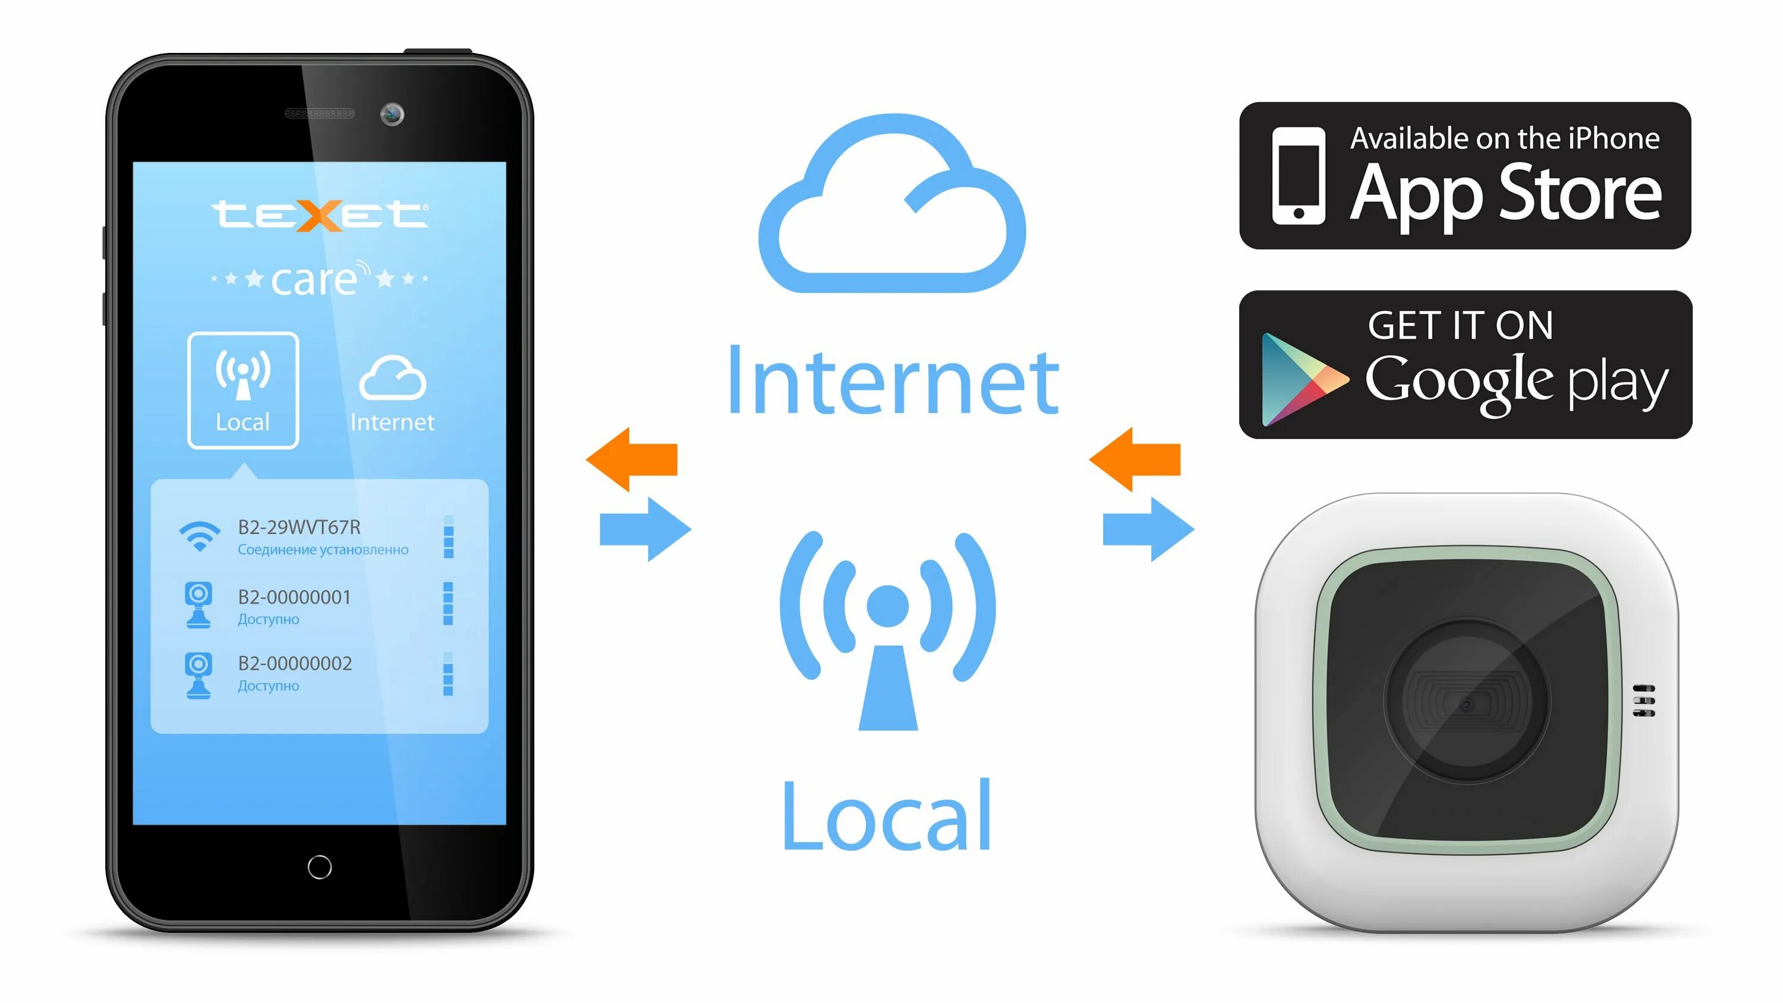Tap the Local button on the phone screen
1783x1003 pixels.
(243, 390)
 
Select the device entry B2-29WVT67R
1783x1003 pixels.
(299, 528)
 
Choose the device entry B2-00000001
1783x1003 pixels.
(294, 597)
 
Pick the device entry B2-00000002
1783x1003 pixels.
(295, 664)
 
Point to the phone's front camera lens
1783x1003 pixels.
(392, 114)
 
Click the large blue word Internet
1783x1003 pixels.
(893, 382)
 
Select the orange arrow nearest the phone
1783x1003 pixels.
(631, 459)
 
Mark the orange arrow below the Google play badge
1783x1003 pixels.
(1135, 459)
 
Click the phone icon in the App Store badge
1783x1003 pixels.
(1299, 176)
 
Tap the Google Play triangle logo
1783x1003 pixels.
(1301, 379)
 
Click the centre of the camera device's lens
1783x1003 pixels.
(1467, 704)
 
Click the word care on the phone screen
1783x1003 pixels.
(315, 280)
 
